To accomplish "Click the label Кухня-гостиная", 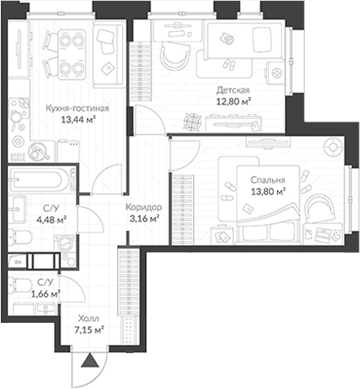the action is [x=77, y=108].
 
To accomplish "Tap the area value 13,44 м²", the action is [x=78, y=120].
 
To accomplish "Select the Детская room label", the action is [x=233, y=90].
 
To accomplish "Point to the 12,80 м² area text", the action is [x=233, y=101].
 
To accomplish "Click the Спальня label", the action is [x=268, y=180].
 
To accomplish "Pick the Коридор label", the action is [x=144, y=207].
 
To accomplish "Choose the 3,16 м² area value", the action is [x=144, y=219].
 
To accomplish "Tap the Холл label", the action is [x=89, y=318].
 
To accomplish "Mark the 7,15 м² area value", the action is [x=90, y=330].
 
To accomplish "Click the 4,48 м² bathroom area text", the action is [x=51, y=219].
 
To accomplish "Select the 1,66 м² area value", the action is [x=46, y=294].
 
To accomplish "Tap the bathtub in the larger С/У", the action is [x=38, y=179].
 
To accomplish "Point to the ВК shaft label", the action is [x=18, y=262].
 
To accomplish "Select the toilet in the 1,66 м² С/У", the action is [x=19, y=285].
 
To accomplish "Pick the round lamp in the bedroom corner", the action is [x=334, y=147].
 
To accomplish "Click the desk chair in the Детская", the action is [x=174, y=56].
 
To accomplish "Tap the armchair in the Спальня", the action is [x=321, y=209].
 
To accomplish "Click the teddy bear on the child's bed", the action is [x=226, y=38].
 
